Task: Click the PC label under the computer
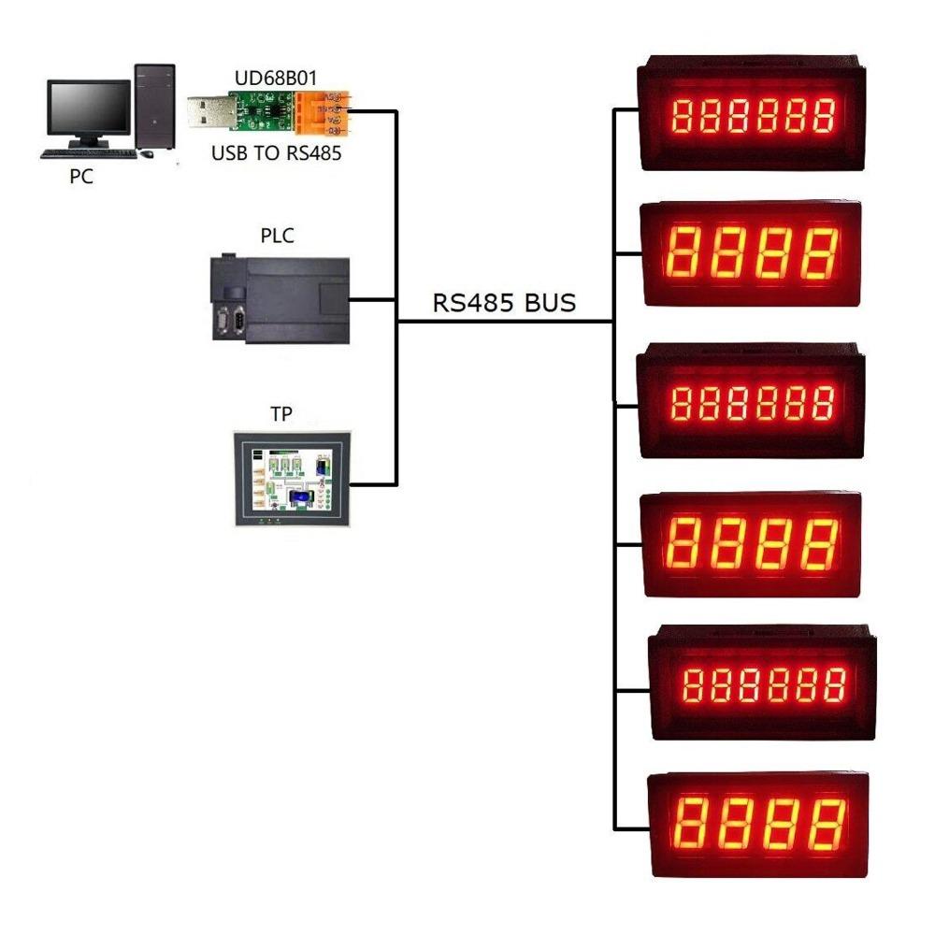[x=81, y=176]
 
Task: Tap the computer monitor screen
[x=89, y=108]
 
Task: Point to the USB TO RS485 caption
[x=276, y=152]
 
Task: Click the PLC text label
[x=277, y=236]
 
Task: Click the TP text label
[x=280, y=414]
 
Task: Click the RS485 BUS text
[x=504, y=303]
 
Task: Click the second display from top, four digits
[x=750, y=253]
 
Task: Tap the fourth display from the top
[x=751, y=542]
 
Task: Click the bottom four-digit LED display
[x=758, y=824]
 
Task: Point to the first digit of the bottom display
[x=691, y=823]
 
